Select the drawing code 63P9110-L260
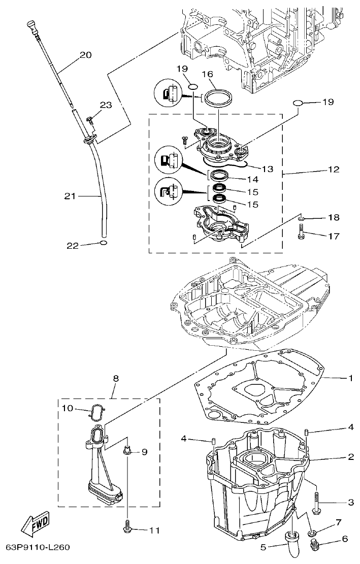click(38, 548)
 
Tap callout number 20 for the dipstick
click(85, 55)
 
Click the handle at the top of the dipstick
click(32, 26)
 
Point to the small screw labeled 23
click(89, 120)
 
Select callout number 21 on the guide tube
click(71, 195)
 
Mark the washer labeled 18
click(302, 218)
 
